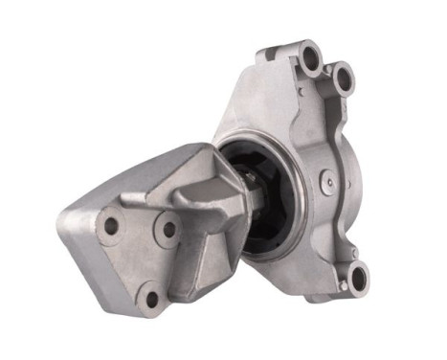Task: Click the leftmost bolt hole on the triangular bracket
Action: pyautogui.click(x=111, y=226)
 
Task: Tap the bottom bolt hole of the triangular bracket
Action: pyautogui.click(x=151, y=298)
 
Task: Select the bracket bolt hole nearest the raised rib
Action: pyautogui.click(x=169, y=230)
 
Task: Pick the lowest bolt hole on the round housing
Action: pyautogui.click(x=358, y=278)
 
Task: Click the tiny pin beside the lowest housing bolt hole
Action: pyautogui.click(x=340, y=284)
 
